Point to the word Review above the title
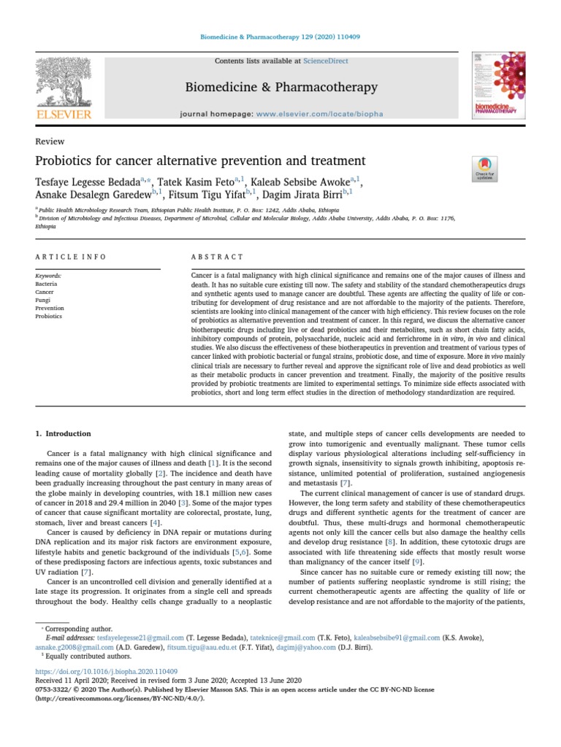(50, 142)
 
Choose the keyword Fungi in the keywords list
(43, 300)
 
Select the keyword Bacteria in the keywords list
(46, 284)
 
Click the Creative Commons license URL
(120, 697)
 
